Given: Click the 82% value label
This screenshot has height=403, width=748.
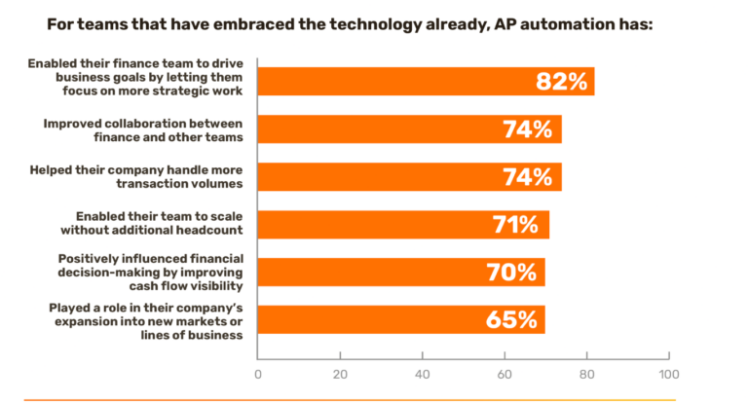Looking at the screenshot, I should click(x=562, y=82).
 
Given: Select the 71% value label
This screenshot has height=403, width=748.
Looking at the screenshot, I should click(x=513, y=225).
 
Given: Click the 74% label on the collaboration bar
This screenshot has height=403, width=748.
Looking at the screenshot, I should click(x=528, y=129).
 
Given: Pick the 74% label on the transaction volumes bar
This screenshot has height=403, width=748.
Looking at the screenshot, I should click(x=528, y=177).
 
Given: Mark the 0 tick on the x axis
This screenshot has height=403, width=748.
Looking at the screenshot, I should click(x=258, y=373).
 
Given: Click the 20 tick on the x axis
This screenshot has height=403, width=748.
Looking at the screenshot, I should click(x=340, y=373).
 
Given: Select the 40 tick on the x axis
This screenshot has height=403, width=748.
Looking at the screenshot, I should click(x=422, y=373).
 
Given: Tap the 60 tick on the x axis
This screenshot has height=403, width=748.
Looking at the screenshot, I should click(x=505, y=373).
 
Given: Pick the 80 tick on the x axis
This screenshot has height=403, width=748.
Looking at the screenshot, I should click(x=586, y=373).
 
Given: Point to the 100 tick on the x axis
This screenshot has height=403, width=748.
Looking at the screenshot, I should click(x=668, y=373).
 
